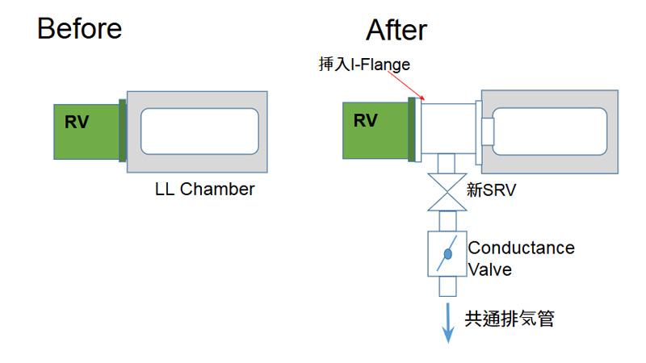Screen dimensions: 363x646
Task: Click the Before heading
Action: (x=79, y=29)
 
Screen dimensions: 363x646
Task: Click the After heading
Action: (x=396, y=31)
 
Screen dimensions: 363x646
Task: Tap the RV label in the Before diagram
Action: (x=77, y=123)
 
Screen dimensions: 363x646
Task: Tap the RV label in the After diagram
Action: (x=366, y=121)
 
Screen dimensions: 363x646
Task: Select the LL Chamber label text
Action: (x=204, y=190)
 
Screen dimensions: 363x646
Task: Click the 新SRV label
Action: (x=491, y=191)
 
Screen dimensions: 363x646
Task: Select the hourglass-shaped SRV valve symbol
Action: (x=447, y=193)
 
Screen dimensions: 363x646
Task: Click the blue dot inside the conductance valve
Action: (x=447, y=254)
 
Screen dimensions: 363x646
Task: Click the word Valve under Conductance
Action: (x=490, y=269)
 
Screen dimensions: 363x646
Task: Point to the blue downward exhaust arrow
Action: (x=447, y=323)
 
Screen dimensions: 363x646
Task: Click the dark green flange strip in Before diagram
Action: (x=123, y=130)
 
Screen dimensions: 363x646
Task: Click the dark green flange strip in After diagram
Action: (x=412, y=128)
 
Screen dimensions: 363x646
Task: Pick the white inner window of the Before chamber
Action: (x=199, y=131)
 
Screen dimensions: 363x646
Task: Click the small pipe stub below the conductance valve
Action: (x=447, y=287)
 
